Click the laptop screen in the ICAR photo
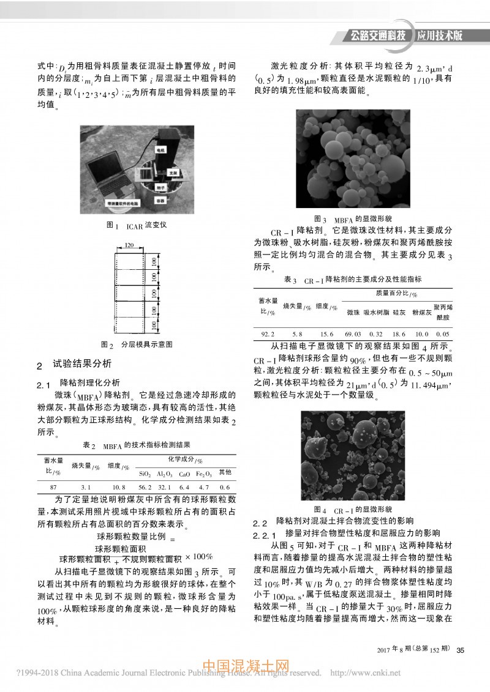pos(105,166)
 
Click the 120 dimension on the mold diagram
pos(129,245)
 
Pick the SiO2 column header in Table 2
pos(145,473)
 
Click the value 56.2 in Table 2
pos(145,486)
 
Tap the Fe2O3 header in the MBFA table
pos(204,473)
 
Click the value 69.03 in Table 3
pos(353,334)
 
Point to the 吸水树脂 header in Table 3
pos(377,312)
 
